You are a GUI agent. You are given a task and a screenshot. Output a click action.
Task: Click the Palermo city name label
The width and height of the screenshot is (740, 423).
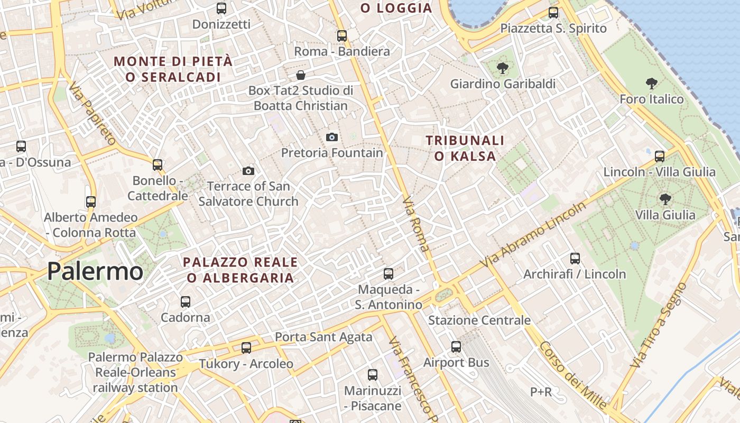[95, 271]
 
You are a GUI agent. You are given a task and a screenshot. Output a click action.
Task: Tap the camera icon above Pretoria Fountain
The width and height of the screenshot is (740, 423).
[331, 137]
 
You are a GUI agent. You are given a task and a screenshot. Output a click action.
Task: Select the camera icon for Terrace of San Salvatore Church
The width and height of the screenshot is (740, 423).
[248, 171]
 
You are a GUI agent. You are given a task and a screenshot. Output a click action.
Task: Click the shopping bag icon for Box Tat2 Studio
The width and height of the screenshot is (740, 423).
[301, 75]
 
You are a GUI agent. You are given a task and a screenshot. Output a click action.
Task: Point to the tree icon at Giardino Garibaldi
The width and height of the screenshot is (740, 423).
[502, 68]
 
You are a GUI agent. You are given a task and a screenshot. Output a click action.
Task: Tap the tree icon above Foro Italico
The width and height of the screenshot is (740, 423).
[651, 83]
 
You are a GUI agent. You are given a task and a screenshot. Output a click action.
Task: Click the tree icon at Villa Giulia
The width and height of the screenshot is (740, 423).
[665, 199]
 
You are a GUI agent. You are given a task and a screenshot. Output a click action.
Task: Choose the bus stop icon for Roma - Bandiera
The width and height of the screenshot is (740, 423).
[342, 36]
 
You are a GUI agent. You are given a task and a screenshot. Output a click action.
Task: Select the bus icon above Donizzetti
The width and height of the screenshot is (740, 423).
[221, 8]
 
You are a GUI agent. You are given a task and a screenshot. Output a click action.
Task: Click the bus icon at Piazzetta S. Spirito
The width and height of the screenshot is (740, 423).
[553, 13]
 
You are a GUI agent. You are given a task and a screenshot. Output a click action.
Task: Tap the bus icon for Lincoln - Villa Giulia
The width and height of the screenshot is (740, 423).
[660, 156]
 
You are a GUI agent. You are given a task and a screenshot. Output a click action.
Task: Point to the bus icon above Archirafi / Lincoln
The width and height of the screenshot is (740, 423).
[575, 259]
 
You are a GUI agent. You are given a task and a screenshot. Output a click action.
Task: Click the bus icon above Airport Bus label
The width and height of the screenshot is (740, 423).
[456, 347]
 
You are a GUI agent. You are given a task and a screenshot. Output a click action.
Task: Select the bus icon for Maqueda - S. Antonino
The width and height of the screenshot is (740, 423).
[388, 274]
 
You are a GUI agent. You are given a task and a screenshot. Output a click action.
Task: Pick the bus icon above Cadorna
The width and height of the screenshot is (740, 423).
[186, 302]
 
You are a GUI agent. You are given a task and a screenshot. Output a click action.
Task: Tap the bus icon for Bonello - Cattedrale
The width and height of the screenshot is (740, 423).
[158, 165]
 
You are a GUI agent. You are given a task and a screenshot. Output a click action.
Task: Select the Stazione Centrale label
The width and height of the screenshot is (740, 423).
[479, 320]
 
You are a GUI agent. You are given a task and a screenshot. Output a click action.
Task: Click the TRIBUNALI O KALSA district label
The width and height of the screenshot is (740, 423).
[465, 148]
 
